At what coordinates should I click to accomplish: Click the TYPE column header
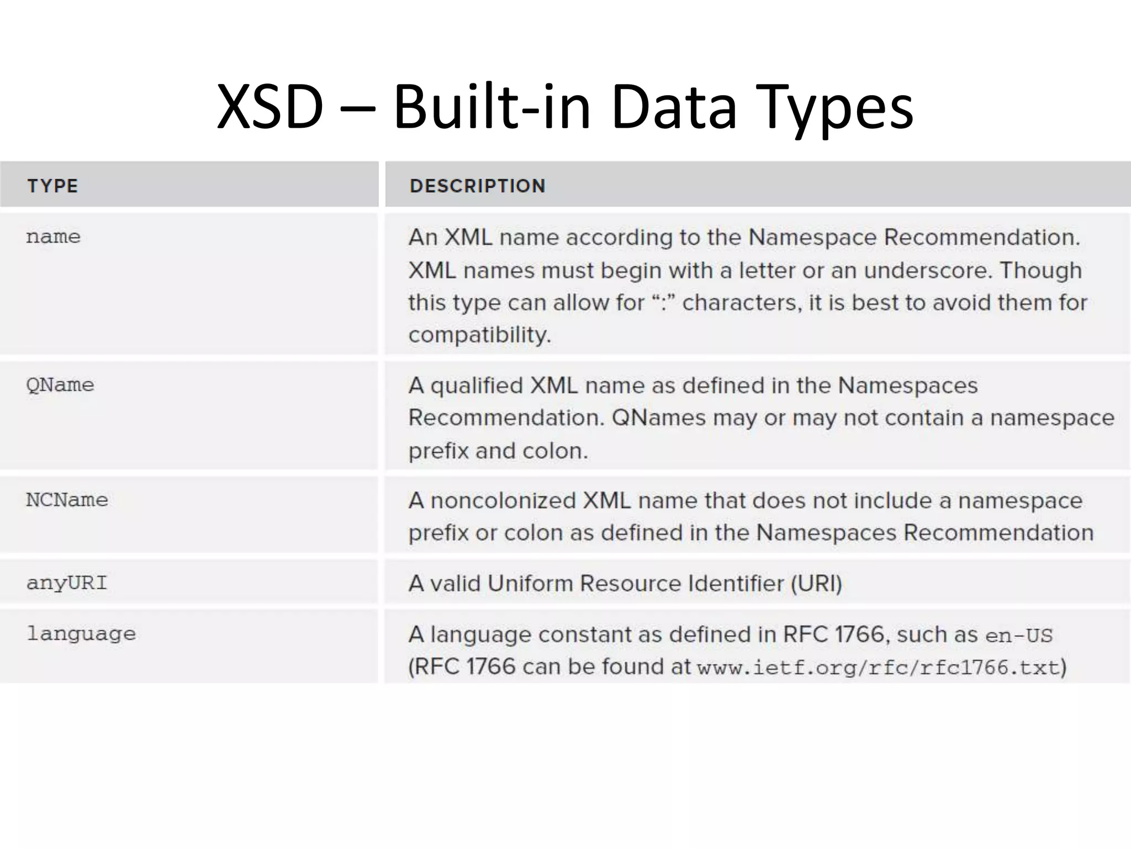(x=53, y=186)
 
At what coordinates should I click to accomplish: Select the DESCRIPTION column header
(x=478, y=186)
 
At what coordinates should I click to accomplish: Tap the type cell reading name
(x=54, y=237)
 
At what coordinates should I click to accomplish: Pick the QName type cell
(x=60, y=385)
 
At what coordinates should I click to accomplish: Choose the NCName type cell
(x=67, y=500)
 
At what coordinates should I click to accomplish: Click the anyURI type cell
(x=67, y=583)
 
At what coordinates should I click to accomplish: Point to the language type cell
(x=81, y=633)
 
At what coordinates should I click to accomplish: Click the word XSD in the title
(x=269, y=106)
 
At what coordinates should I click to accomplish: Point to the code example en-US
(x=1019, y=636)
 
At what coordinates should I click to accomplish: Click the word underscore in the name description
(x=928, y=270)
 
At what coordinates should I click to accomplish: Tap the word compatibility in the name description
(x=479, y=335)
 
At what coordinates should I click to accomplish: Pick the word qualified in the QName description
(x=476, y=386)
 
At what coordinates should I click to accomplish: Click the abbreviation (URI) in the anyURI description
(x=816, y=584)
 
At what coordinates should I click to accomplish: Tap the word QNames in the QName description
(x=659, y=418)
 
